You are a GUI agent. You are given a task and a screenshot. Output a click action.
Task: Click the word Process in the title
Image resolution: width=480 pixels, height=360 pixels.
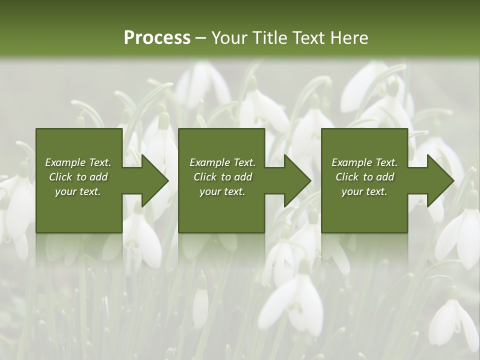pos(157,38)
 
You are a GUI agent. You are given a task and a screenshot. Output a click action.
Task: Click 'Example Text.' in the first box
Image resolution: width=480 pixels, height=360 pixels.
pos(78,162)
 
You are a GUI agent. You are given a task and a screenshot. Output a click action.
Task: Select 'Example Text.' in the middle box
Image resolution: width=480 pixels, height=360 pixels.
pos(222,162)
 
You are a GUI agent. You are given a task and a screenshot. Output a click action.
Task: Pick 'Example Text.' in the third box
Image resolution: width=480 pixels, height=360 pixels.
pos(364,162)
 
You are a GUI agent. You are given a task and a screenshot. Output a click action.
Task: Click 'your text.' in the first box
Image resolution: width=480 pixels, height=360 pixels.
pos(78,191)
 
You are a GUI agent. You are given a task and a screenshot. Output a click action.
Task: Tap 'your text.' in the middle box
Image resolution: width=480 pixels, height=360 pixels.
pos(222,191)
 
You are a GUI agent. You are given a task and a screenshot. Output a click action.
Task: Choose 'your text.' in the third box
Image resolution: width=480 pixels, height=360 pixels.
pos(364,191)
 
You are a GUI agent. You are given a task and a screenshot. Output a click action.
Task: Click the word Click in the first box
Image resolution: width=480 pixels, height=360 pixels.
pos(61,177)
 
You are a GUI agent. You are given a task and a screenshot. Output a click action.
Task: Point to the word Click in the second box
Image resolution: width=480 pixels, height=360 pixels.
pos(205,177)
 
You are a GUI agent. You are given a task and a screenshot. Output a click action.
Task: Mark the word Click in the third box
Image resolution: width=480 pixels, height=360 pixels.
pos(347,177)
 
